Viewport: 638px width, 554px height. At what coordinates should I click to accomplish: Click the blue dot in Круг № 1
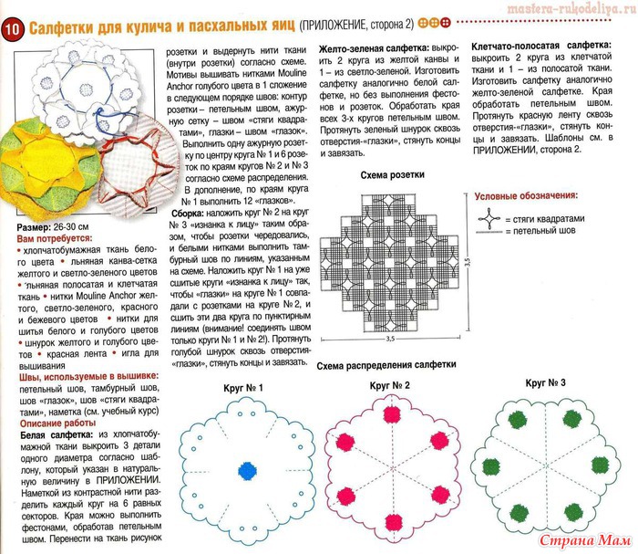click(245, 469)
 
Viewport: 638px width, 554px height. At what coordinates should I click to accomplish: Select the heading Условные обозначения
click(527, 195)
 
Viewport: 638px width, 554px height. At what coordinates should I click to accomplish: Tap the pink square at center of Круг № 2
click(398, 471)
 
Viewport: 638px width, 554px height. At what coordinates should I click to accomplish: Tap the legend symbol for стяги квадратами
click(490, 219)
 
